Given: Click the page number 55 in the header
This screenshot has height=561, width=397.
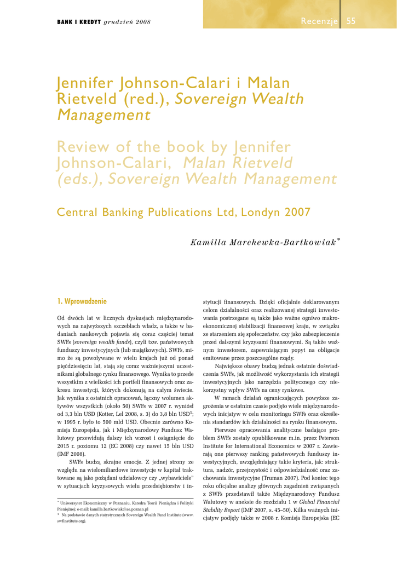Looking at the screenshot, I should point(351,21).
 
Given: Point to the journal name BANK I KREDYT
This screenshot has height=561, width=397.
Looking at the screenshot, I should point(79,22).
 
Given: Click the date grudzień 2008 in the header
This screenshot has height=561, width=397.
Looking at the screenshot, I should point(127,22).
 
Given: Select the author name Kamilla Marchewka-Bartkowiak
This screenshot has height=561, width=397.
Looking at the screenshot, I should point(263,243).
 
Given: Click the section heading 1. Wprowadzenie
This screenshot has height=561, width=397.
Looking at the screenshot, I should point(82,301).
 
